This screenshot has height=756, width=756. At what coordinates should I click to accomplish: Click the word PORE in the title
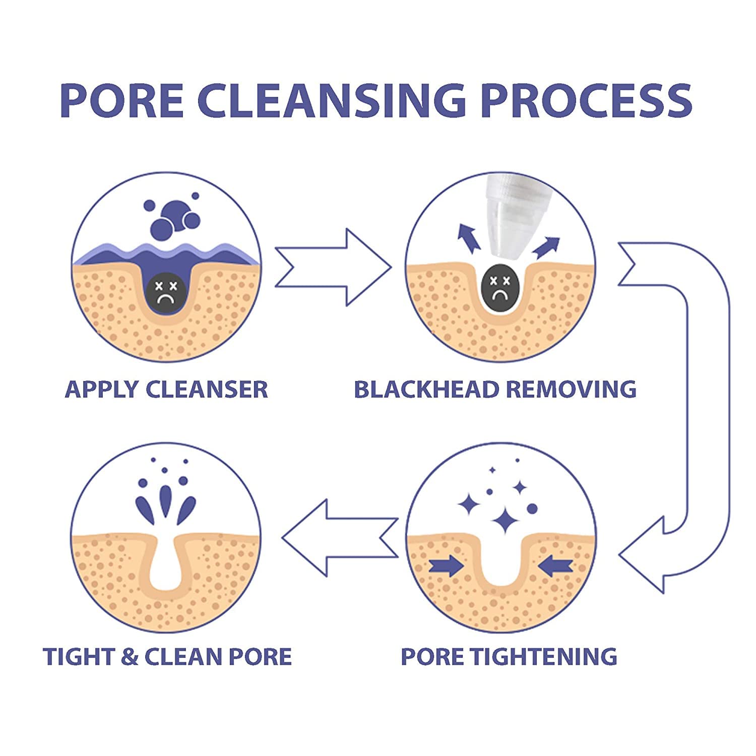[121, 100]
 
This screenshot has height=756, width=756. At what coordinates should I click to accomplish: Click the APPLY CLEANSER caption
[166, 390]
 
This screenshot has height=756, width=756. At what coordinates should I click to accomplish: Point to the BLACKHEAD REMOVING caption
[495, 390]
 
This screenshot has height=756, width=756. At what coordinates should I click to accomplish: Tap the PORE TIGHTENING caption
[509, 657]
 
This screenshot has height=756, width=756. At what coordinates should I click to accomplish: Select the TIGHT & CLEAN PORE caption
[167, 657]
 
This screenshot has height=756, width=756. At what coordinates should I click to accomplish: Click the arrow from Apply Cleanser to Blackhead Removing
[333, 267]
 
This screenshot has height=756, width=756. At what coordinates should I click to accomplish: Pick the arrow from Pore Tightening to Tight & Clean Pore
[340, 538]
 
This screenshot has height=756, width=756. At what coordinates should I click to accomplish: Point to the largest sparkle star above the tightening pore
[505, 520]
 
